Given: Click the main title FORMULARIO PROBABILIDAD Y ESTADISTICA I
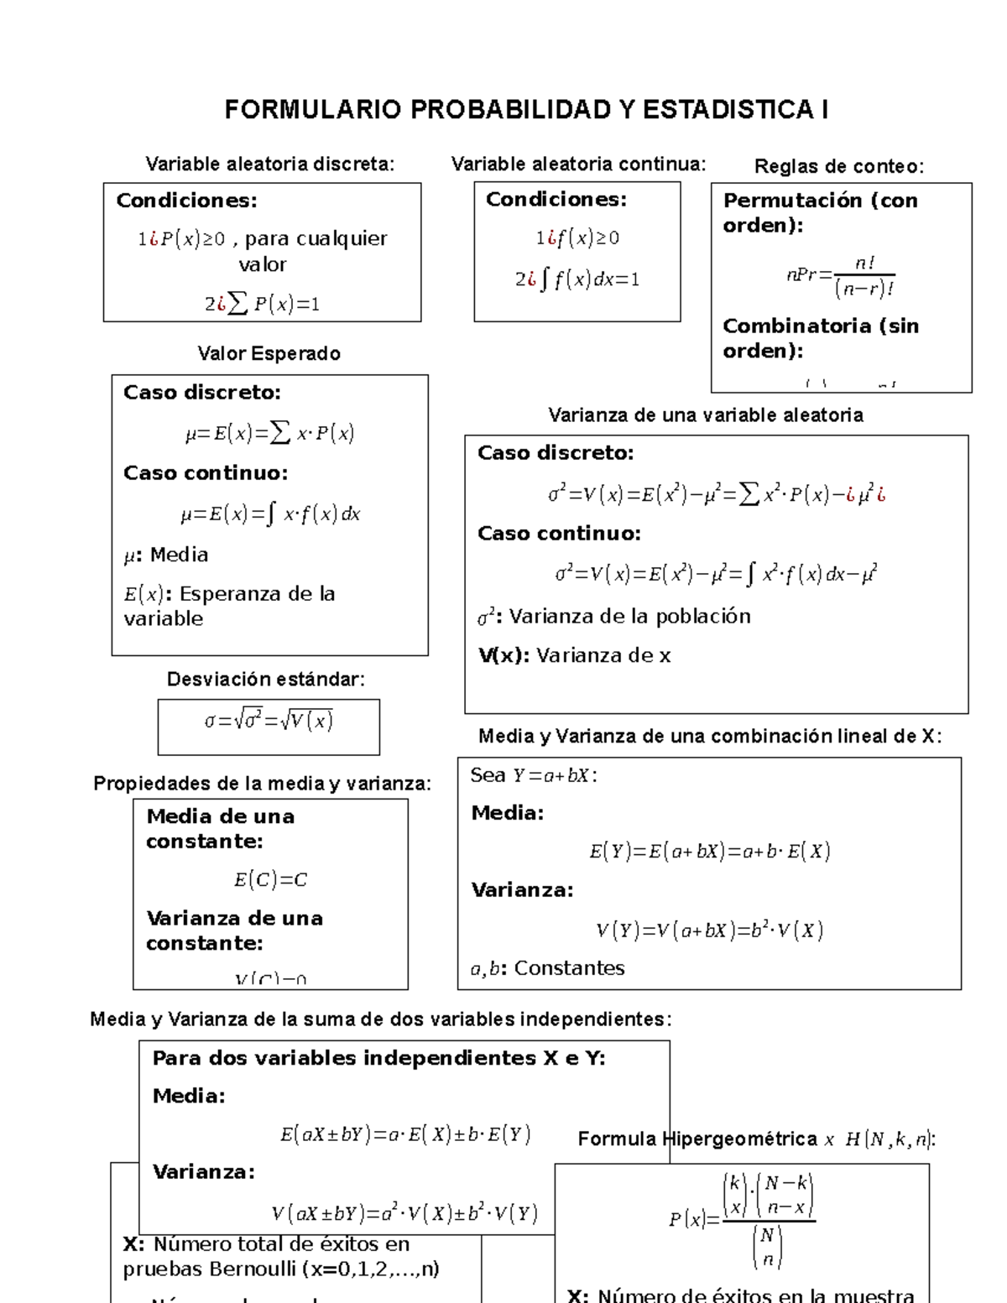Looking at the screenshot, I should (526, 110).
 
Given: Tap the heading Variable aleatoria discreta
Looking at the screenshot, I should (269, 164).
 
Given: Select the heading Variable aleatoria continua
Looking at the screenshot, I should (578, 164).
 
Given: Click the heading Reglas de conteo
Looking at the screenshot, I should (838, 167).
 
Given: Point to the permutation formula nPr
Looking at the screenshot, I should (840, 276).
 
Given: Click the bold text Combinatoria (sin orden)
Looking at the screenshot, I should (820, 338).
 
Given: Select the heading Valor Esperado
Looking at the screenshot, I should (269, 354).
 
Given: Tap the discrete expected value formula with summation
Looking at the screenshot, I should (269, 434).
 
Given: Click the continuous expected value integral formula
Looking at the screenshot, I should (269, 514).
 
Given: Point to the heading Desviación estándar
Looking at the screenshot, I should (265, 680).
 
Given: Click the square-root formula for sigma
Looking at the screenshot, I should (269, 721).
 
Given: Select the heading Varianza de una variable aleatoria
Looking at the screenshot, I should (705, 415).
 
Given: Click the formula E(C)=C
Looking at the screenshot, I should (270, 880).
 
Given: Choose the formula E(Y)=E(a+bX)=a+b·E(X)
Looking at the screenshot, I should (709, 852).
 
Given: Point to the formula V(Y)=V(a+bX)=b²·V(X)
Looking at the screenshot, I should (709, 930).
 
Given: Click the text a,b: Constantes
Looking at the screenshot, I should (547, 969).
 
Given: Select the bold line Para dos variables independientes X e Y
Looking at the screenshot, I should (378, 1059).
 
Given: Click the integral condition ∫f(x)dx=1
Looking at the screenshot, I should (577, 280).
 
